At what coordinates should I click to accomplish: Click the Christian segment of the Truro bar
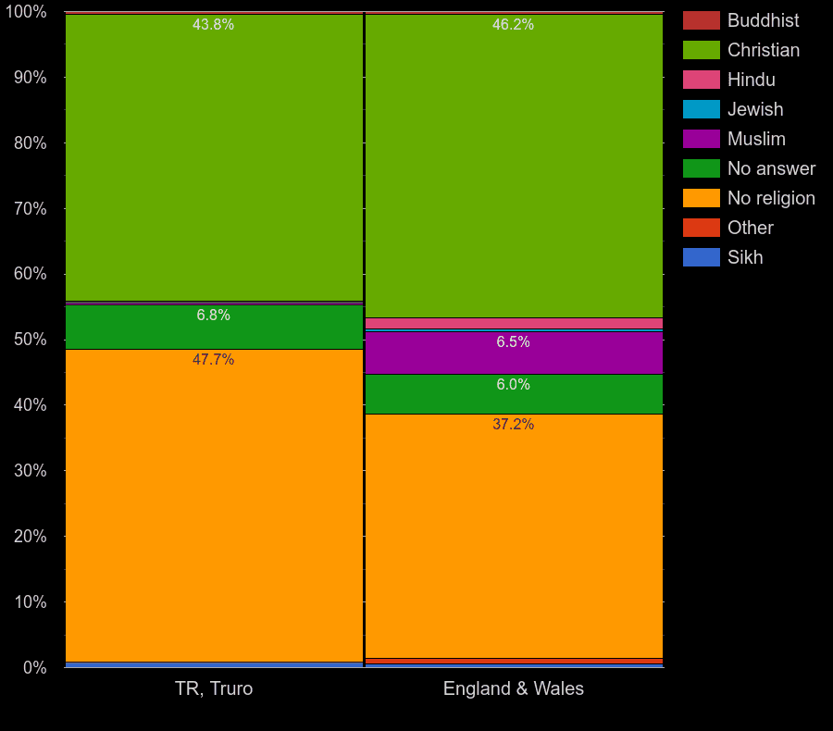[214, 157]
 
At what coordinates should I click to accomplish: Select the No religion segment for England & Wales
[515, 537]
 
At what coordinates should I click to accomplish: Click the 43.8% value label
[213, 25]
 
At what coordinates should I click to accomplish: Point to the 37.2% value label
[513, 425]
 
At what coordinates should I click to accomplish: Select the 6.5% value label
[513, 342]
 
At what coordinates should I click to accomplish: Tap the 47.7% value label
[213, 360]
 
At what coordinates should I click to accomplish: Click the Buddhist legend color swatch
[701, 20]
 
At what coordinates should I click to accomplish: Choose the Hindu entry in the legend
[751, 80]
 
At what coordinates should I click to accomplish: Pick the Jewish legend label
[755, 109]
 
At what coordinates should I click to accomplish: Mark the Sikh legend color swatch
[701, 257]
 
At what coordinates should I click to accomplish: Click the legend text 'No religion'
[771, 198]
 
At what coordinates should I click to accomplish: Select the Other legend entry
[750, 228]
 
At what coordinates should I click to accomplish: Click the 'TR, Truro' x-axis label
[214, 688]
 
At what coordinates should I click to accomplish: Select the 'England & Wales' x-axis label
[514, 688]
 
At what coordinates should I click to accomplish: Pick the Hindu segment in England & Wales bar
[515, 323]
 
